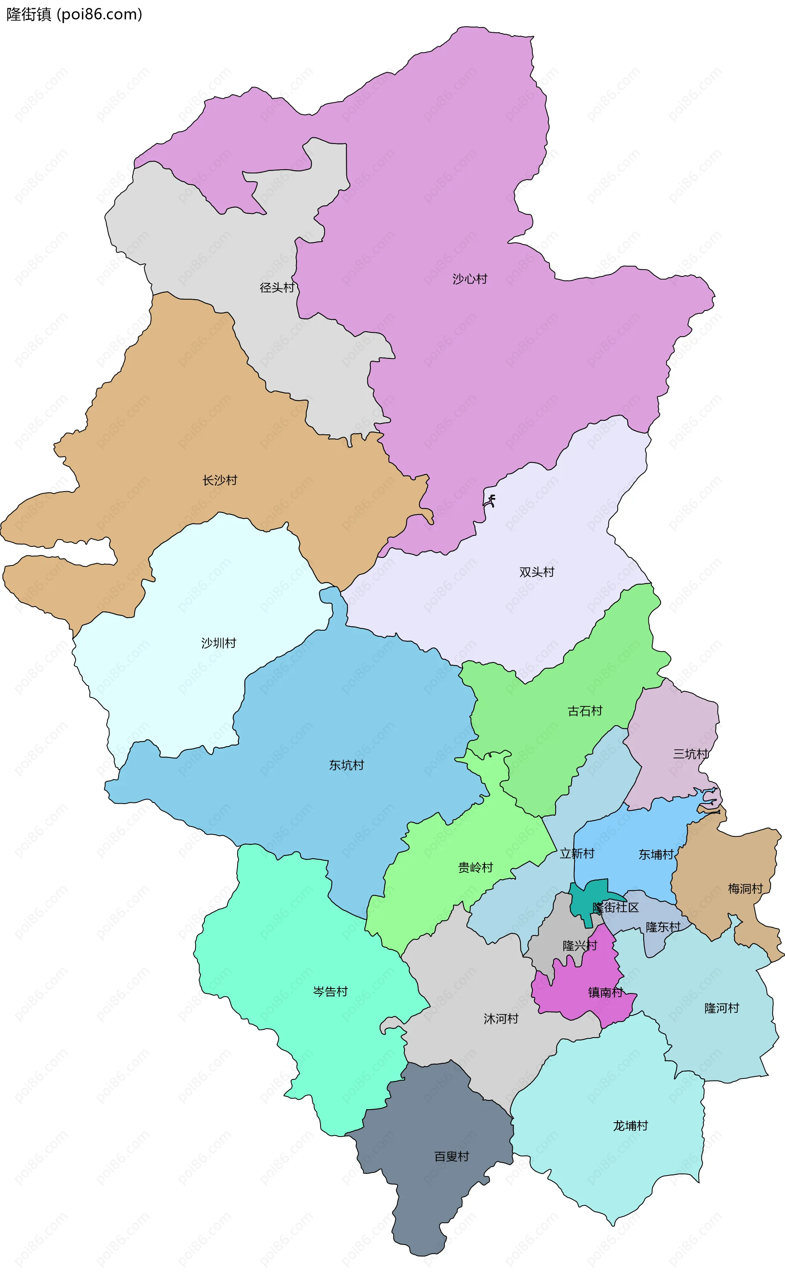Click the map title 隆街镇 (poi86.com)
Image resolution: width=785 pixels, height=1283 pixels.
coord(74,15)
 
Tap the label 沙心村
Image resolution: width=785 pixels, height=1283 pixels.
coord(469,279)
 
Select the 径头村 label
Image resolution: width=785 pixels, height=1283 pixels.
coord(277,288)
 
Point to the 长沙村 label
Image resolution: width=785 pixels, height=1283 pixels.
coord(220,480)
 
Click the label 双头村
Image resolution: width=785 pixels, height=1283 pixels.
coord(537,572)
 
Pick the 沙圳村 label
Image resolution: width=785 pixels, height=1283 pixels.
coord(219,643)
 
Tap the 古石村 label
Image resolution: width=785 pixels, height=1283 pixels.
coord(585,711)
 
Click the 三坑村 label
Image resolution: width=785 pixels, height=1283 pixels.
coord(690,754)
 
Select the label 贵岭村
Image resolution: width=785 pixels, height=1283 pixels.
coord(475,867)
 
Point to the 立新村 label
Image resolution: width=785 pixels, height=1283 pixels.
coord(577,854)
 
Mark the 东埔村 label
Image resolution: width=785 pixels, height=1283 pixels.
coord(656,854)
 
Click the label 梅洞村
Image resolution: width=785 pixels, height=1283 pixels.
coord(745,889)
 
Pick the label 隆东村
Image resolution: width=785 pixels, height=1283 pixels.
coord(663,927)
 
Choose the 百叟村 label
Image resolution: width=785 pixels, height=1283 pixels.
coord(452,1157)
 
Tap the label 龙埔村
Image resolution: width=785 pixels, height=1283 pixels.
coord(630,1126)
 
